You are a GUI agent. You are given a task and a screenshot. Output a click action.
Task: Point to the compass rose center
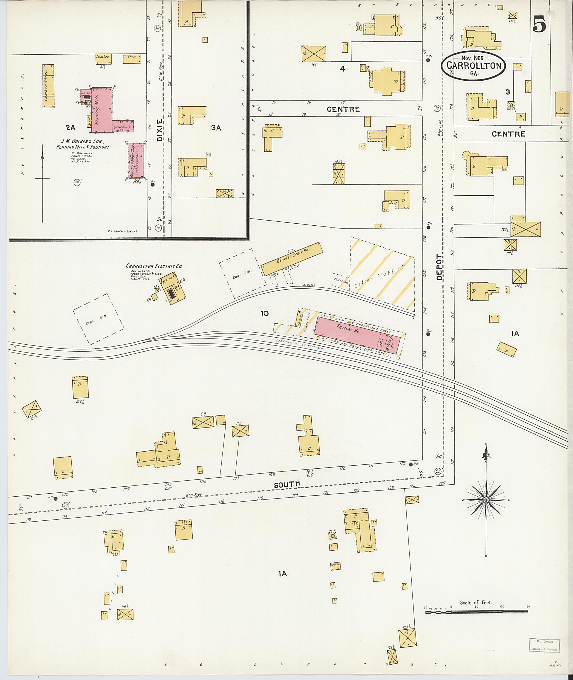point(486,500)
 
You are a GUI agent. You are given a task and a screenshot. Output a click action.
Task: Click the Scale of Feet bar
point(476,612)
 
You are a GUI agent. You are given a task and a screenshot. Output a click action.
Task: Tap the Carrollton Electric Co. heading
point(154,266)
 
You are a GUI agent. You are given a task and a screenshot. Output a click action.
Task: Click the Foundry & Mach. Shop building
point(136,161)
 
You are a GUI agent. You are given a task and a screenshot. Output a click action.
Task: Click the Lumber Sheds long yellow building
point(48,86)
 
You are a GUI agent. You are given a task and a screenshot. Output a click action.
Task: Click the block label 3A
point(216,128)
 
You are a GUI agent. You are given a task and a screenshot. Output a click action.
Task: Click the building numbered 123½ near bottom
point(407,637)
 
